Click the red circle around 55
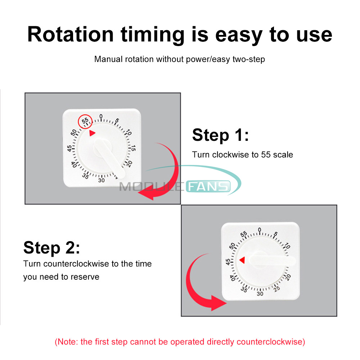click(78, 122)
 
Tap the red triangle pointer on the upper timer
click(92, 133)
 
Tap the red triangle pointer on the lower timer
click(242, 260)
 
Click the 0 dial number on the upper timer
click(101, 117)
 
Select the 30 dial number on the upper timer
click(101, 180)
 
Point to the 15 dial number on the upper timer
click(133, 148)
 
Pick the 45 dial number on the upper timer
click(69, 148)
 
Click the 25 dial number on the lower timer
click(276, 289)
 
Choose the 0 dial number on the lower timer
click(260, 230)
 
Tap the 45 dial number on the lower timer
click(228, 262)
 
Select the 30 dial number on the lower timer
click(260, 294)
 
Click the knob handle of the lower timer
click(272, 261)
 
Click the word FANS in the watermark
click(208, 186)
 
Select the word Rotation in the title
click(71, 35)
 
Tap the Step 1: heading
click(220, 135)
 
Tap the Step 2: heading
click(51, 248)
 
